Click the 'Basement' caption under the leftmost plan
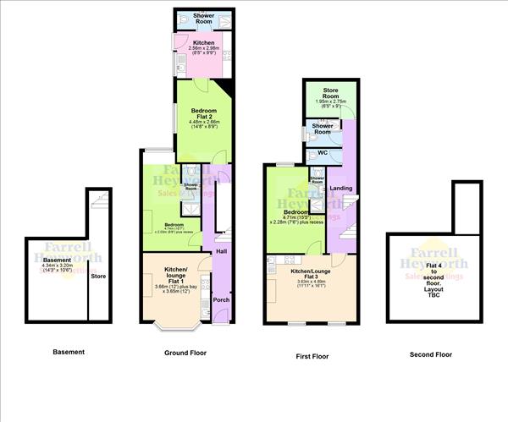pyautogui.click(x=69, y=352)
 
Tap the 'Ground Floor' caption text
pyautogui.click(x=185, y=352)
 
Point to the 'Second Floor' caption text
pyautogui.click(x=431, y=355)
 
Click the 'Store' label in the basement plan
pyautogui.click(x=98, y=276)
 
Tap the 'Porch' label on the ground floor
pyautogui.click(x=221, y=299)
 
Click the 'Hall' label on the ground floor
pyautogui.click(x=221, y=251)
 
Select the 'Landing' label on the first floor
pyautogui.click(x=341, y=188)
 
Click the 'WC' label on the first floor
pyautogui.click(x=323, y=153)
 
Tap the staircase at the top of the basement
pyautogui.click(x=99, y=202)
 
